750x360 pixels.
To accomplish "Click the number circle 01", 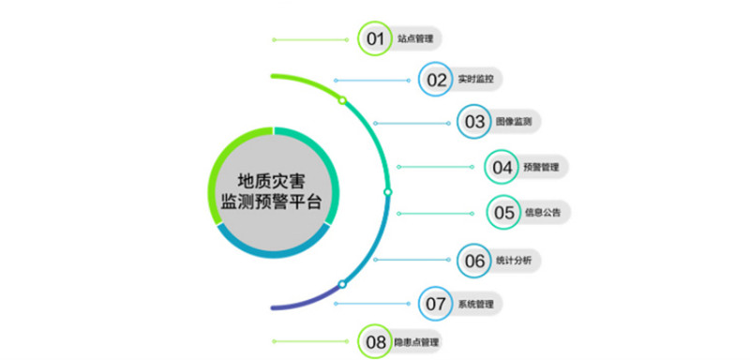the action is click(375, 38).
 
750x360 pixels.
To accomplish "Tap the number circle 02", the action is click(436, 80).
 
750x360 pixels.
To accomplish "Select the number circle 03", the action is click(474, 121).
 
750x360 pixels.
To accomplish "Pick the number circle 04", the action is click(502, 167).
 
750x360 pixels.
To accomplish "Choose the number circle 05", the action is click(502, 213).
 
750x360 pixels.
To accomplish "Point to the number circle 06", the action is click(474, 260).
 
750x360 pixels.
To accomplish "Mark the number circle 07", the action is click(436, 303).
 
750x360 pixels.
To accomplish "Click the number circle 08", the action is click(375, 342).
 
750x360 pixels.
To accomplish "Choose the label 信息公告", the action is click(542, 214).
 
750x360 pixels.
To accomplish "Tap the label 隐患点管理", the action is click(416, 343).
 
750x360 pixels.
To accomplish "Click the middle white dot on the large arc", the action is click(387, 191).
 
